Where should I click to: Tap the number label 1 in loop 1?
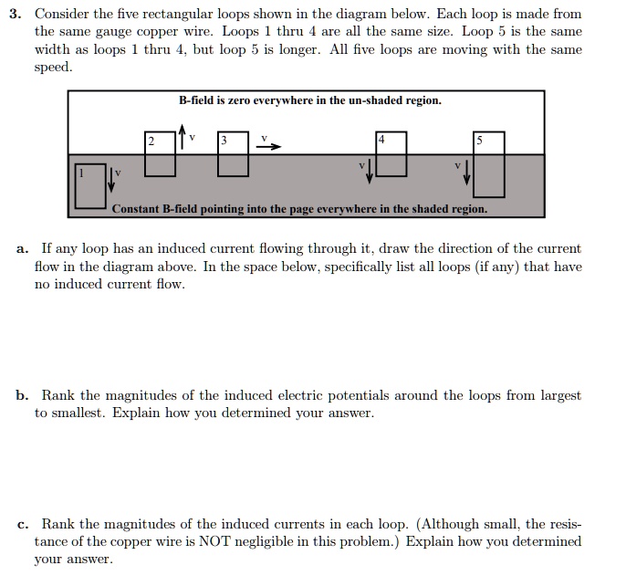click(81, 171)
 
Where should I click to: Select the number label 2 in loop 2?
click(152, 141)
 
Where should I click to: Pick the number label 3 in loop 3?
click(224, 141)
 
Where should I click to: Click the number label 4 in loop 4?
click(382, 140)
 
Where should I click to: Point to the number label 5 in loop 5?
click(480, 141)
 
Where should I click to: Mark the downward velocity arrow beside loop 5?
click(466, 171)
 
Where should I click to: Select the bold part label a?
click(22, 248)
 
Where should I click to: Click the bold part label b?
click(22, 395)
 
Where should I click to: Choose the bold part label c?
click(22, 524)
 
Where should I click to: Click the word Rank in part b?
click(57, 395)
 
